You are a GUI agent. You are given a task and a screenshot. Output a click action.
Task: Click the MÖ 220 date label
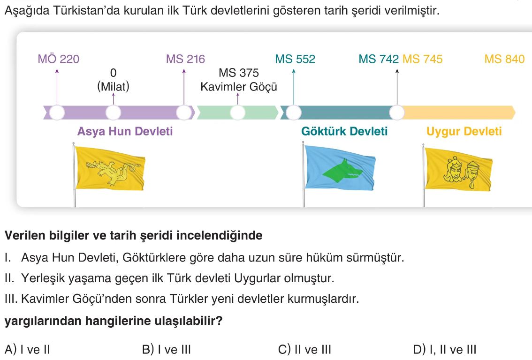tap(59, 59)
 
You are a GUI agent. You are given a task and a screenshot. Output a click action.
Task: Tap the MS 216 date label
tap(185, 59)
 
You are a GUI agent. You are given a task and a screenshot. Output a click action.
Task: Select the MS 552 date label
tap(295, 59)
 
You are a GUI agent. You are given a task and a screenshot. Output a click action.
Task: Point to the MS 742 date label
tap(379, 59)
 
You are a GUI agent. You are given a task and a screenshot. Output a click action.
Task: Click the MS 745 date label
tap(423, 59)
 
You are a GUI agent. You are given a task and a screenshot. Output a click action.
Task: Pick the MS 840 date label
tap(504, 59)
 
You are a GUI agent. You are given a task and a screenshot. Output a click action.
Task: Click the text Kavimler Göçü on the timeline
tap(239, 87)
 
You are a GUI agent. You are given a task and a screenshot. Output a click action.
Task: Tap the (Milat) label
tap(113, 87)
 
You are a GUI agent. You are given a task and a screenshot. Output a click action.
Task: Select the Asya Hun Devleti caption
tap(125, 131)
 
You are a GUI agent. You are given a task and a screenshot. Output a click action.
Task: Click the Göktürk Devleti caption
tap(344, 131)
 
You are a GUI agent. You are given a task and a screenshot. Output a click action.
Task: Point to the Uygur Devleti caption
tap(464, 131)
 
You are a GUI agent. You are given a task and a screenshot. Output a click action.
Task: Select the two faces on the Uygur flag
tap(458, 169)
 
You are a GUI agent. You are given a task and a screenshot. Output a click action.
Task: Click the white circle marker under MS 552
tap(294, 112)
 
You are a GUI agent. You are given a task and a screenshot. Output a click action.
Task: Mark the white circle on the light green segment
tap(237, 112)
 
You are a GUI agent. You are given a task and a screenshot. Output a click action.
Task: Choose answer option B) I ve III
tap(166, 350)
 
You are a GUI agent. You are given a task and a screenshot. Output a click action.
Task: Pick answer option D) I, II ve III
tap(445, 350)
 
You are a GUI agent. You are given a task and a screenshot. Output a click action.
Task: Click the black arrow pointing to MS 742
tap(397, 87)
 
